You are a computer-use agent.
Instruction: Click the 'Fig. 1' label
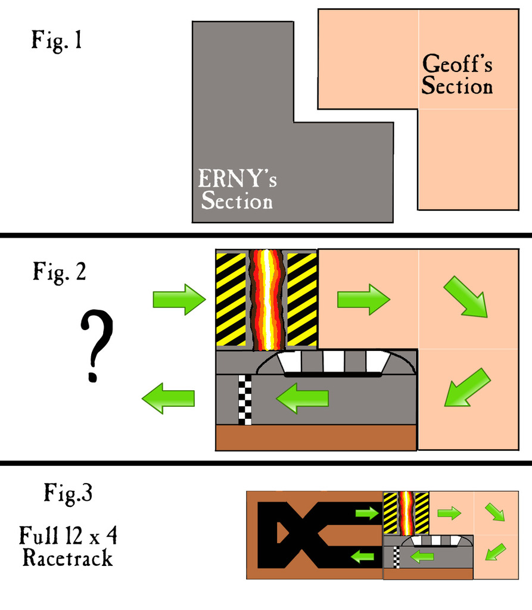pyautogui.click(x=57, y=41)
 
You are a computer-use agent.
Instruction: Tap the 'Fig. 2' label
pyautogui.click(x=59, y=272)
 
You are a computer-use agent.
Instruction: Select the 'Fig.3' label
pyautogui.click(x=68, y=493)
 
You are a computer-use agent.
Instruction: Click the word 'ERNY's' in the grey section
pyautogui.click(x=237, y=179)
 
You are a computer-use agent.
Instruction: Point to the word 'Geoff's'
pyautogui.click(x=458, y=64)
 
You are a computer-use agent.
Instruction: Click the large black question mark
pyautogui.click(x=97, y=345)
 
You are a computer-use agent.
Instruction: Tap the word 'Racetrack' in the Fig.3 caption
pyautogui.click(x=68, y=558)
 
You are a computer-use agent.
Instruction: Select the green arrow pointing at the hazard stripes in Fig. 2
pyautogui.click(x=179, y=300)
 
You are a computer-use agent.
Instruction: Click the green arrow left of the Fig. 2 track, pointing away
pyautogui.click(x=168, y=398)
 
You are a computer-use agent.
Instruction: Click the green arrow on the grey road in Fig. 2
pyautogui.click(x=303, y=398)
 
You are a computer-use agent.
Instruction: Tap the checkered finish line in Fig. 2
pyautogui.click(x=245, y=400)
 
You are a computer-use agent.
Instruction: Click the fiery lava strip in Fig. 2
pyautogui.click(x=266, y=300)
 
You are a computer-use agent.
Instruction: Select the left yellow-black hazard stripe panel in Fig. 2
pyautogui.click(x=231, y=300)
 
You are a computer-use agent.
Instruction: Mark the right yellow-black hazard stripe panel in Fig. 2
pyautogui.click(x=302, y=300)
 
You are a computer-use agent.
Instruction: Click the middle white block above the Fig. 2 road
pyautogui.click(x=334, y=362)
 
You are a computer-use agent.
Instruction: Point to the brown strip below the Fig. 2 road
pyautogui.click(x=316, y=438)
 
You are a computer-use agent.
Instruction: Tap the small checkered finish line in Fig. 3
pyautogui.click(x=396, y=558)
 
